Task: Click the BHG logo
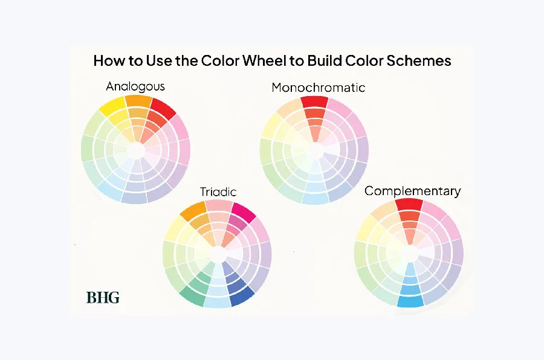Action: coord(103,297)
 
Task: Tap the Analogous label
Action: coord(135,86)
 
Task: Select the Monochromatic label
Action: coord(318,88)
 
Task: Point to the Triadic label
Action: coord(218,192)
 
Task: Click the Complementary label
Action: coord(412,191)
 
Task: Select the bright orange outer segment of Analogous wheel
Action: coord(138,100)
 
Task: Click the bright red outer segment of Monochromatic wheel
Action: coord(313,101)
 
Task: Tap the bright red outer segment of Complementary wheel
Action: coord(409,204)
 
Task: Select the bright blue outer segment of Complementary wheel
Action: coord(409,300)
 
